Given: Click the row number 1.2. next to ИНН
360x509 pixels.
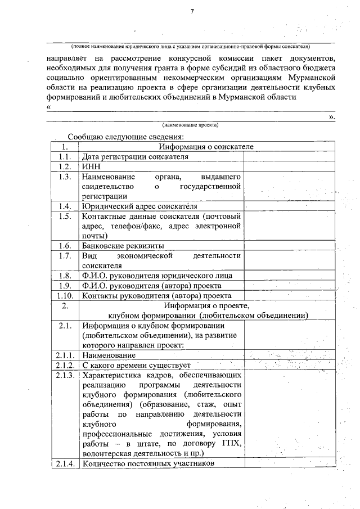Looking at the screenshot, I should [x=64, y=166].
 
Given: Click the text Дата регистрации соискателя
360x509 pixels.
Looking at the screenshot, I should [x=135, y=157].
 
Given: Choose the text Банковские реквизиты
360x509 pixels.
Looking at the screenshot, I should [x=123, y=246].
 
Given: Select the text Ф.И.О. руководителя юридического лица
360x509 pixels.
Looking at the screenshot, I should [x=156, y=275].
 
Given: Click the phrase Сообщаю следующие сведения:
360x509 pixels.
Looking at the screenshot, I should [x=126, y=137].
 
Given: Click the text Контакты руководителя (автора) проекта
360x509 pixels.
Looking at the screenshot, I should [x=156, y=295].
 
